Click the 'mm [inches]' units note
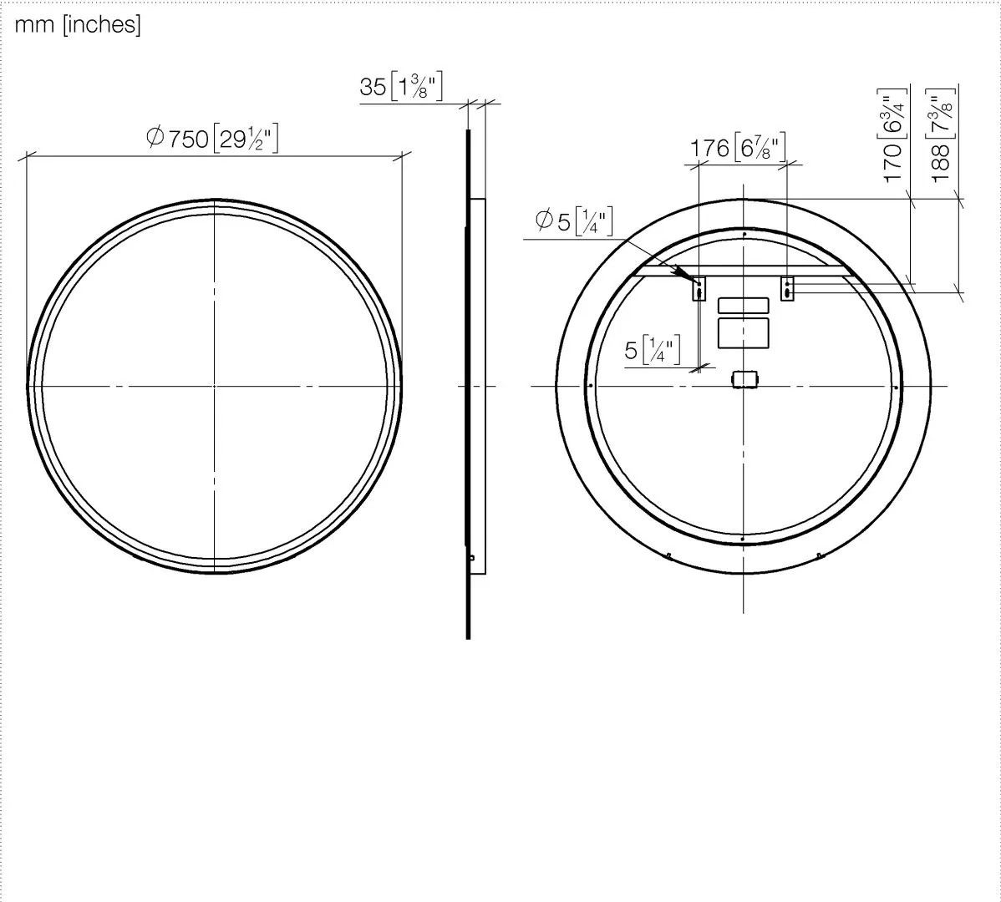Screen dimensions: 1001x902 tap(77, 25)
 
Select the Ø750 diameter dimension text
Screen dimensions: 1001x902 tap(212, 138)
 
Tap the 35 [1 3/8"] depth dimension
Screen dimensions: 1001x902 tap(401, 86)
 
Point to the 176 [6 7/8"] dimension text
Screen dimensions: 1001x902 tap(738, 147)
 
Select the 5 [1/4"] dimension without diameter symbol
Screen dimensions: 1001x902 tap(653, 350)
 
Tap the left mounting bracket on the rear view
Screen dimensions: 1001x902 tap(699, 289)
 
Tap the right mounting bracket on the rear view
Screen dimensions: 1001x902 tap(787, 289)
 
